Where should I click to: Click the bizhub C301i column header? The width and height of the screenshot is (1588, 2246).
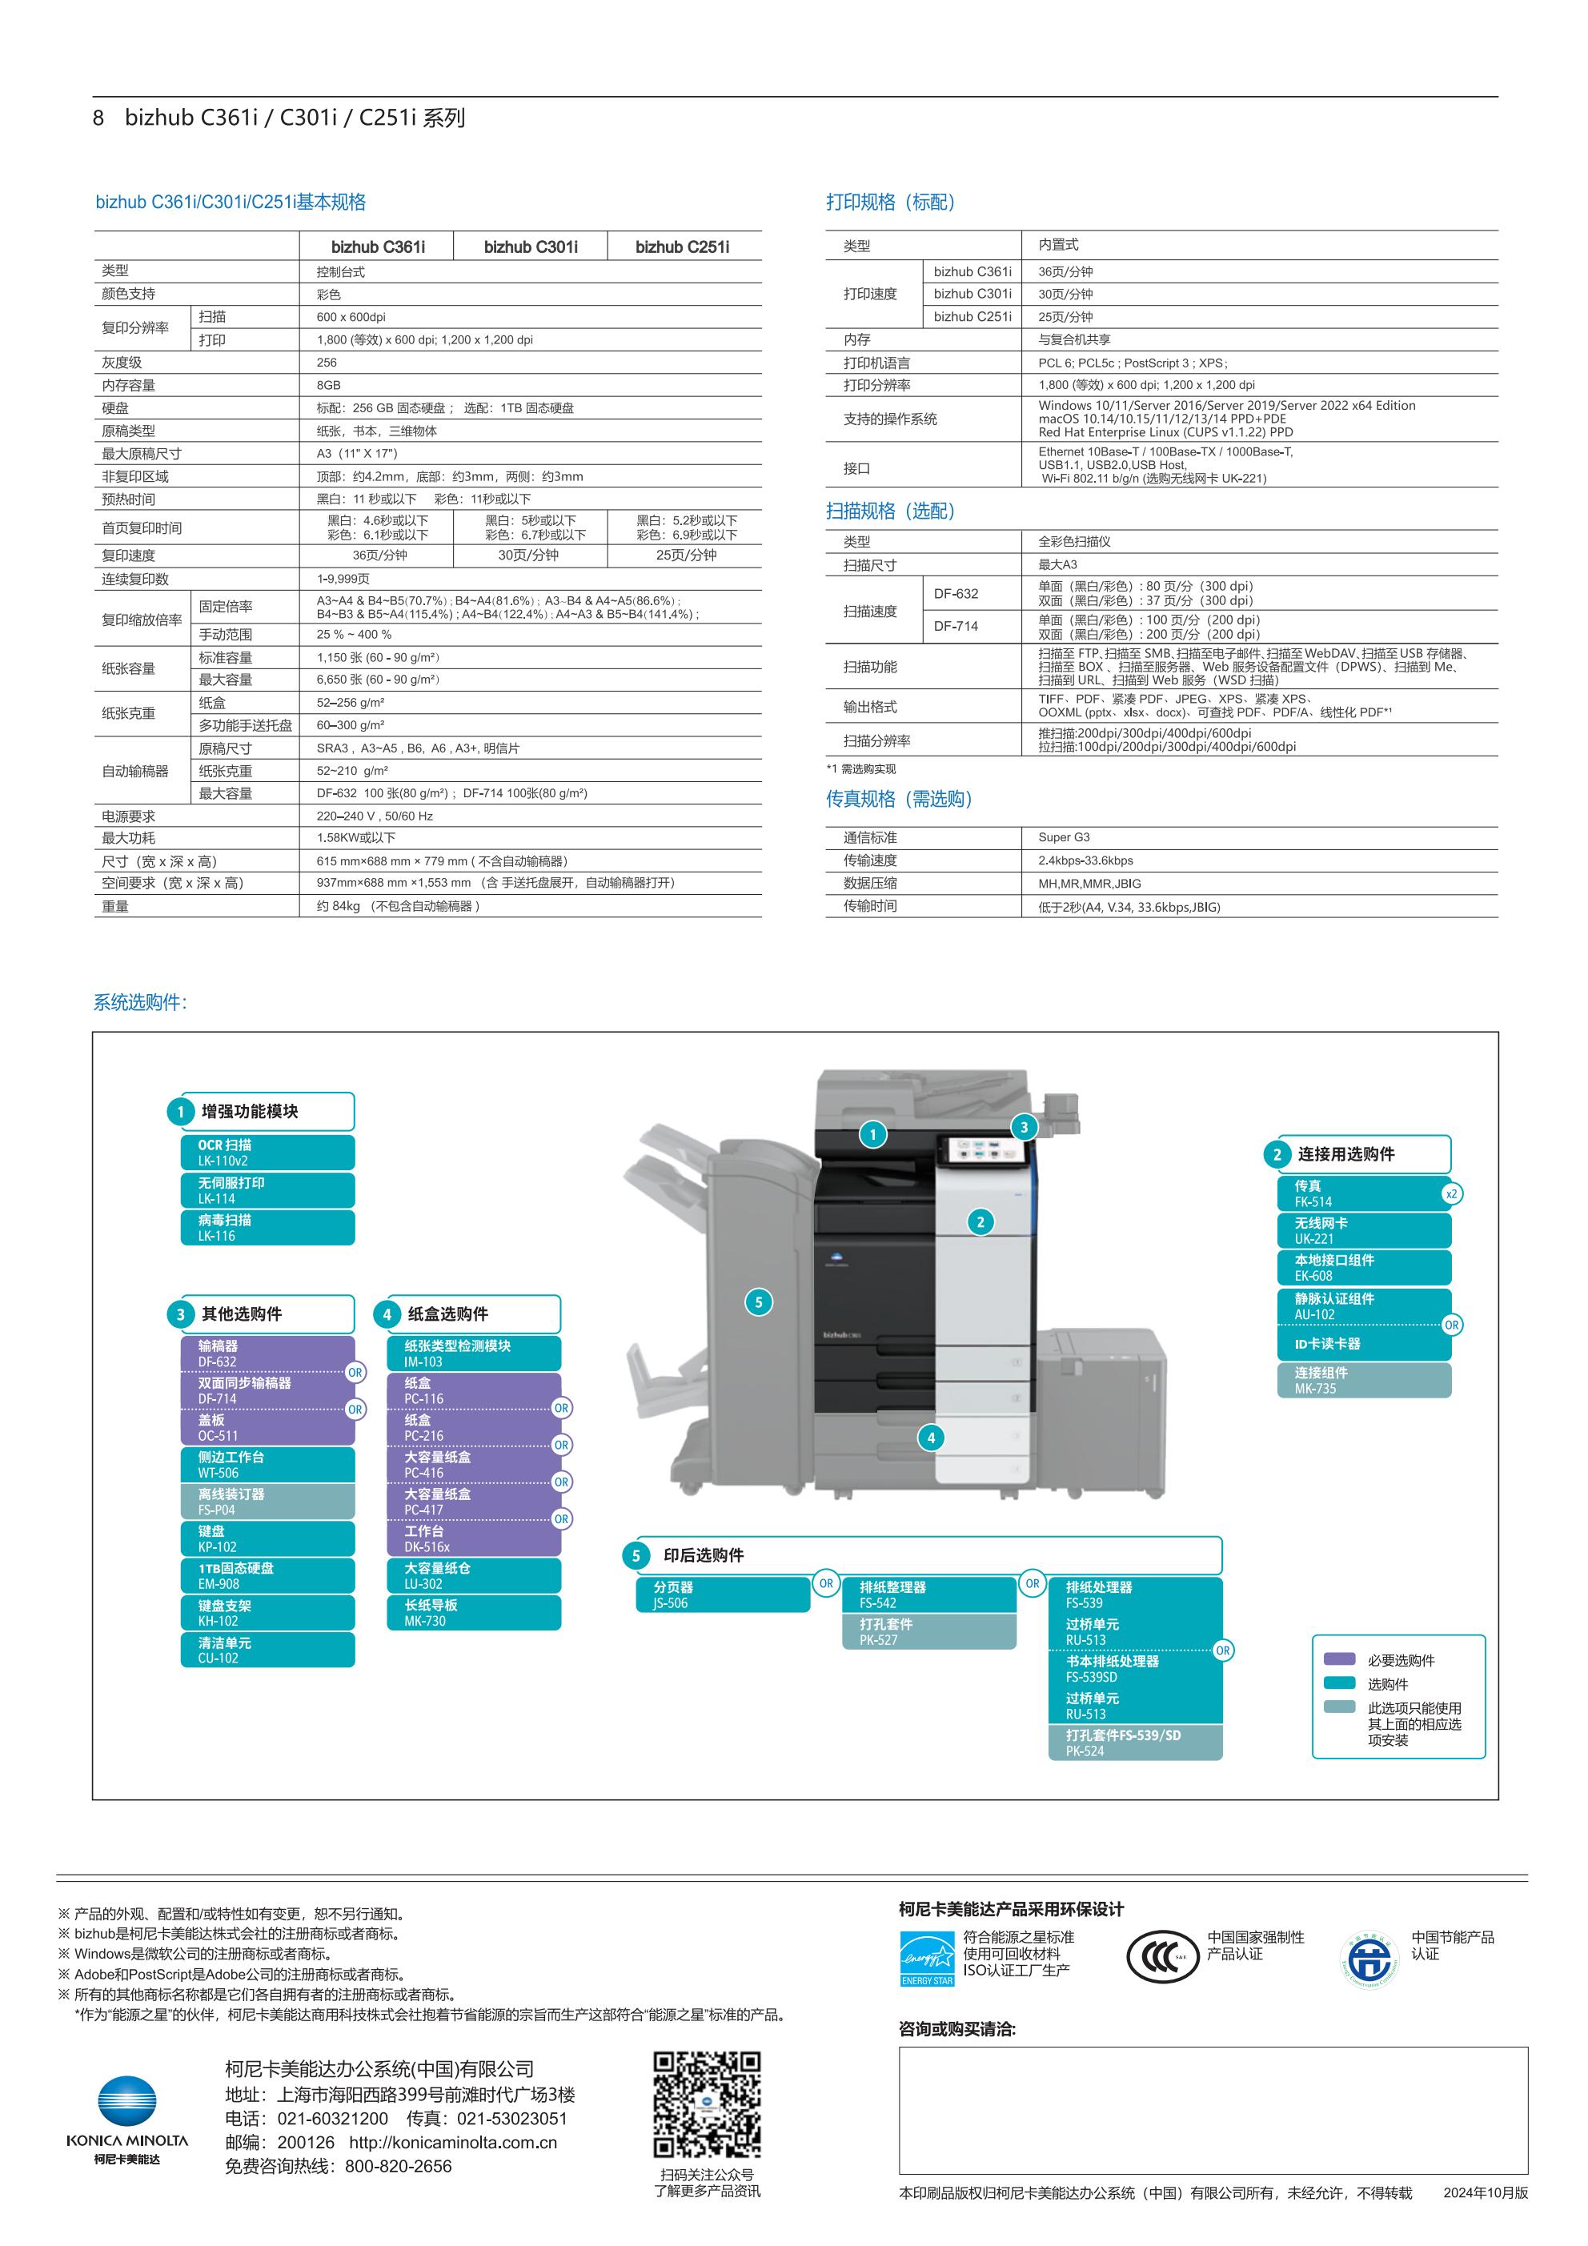531,247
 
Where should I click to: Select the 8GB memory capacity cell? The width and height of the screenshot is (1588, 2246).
329,386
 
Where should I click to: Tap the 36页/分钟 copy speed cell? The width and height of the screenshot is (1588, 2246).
379,555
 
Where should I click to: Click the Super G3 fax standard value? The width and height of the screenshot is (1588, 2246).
1064,837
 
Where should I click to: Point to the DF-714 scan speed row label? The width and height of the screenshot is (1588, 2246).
955,626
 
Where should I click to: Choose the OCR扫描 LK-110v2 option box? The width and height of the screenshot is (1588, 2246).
267,1153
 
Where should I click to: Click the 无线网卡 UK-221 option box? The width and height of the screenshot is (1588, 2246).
1364,1230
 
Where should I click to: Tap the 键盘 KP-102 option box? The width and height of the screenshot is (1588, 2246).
267,1538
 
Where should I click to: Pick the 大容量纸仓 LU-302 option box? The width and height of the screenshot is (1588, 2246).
474,1576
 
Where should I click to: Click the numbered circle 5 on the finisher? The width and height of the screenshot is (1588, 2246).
758,1302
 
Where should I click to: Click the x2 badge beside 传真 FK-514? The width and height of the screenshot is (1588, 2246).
1451,1193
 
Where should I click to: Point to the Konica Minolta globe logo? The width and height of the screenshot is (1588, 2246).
126,2100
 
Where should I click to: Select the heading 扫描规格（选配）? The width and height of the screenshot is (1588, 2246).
889,511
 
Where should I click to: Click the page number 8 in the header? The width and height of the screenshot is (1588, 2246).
98,118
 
